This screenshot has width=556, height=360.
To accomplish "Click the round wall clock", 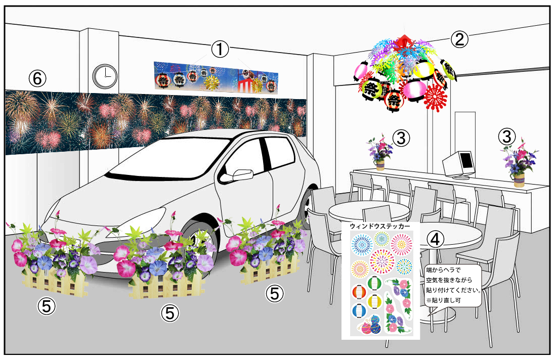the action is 105,76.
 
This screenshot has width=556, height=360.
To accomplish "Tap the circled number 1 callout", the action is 220,49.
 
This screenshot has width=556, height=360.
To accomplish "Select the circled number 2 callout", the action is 459,39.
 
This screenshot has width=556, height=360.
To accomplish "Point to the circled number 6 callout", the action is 37,78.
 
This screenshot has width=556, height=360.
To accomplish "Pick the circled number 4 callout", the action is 436,239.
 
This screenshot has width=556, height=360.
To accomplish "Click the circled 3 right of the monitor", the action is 507,137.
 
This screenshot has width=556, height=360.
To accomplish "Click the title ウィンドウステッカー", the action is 380,226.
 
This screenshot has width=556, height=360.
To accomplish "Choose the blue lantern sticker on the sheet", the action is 359,311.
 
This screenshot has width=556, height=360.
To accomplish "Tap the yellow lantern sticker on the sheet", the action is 374,301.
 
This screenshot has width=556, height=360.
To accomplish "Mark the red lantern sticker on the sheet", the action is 359,292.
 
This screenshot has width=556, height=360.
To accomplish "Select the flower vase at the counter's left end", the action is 380,152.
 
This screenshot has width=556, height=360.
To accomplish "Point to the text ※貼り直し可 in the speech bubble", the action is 444,300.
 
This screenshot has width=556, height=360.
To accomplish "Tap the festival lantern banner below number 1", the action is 216,77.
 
